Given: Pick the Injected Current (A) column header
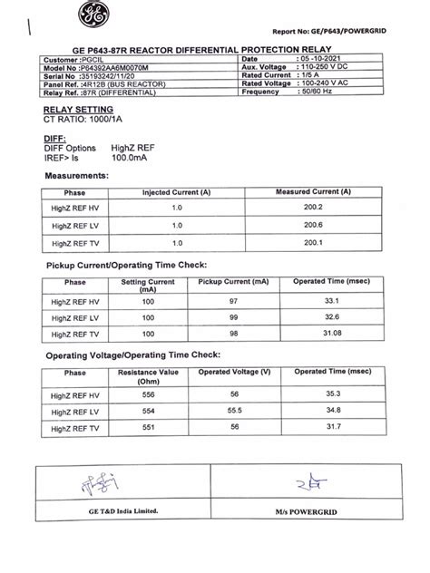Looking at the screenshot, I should (x=177, y=193).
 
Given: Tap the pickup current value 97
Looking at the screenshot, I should (x=233, y=300).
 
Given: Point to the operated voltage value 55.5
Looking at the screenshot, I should (x=234, y=411).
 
